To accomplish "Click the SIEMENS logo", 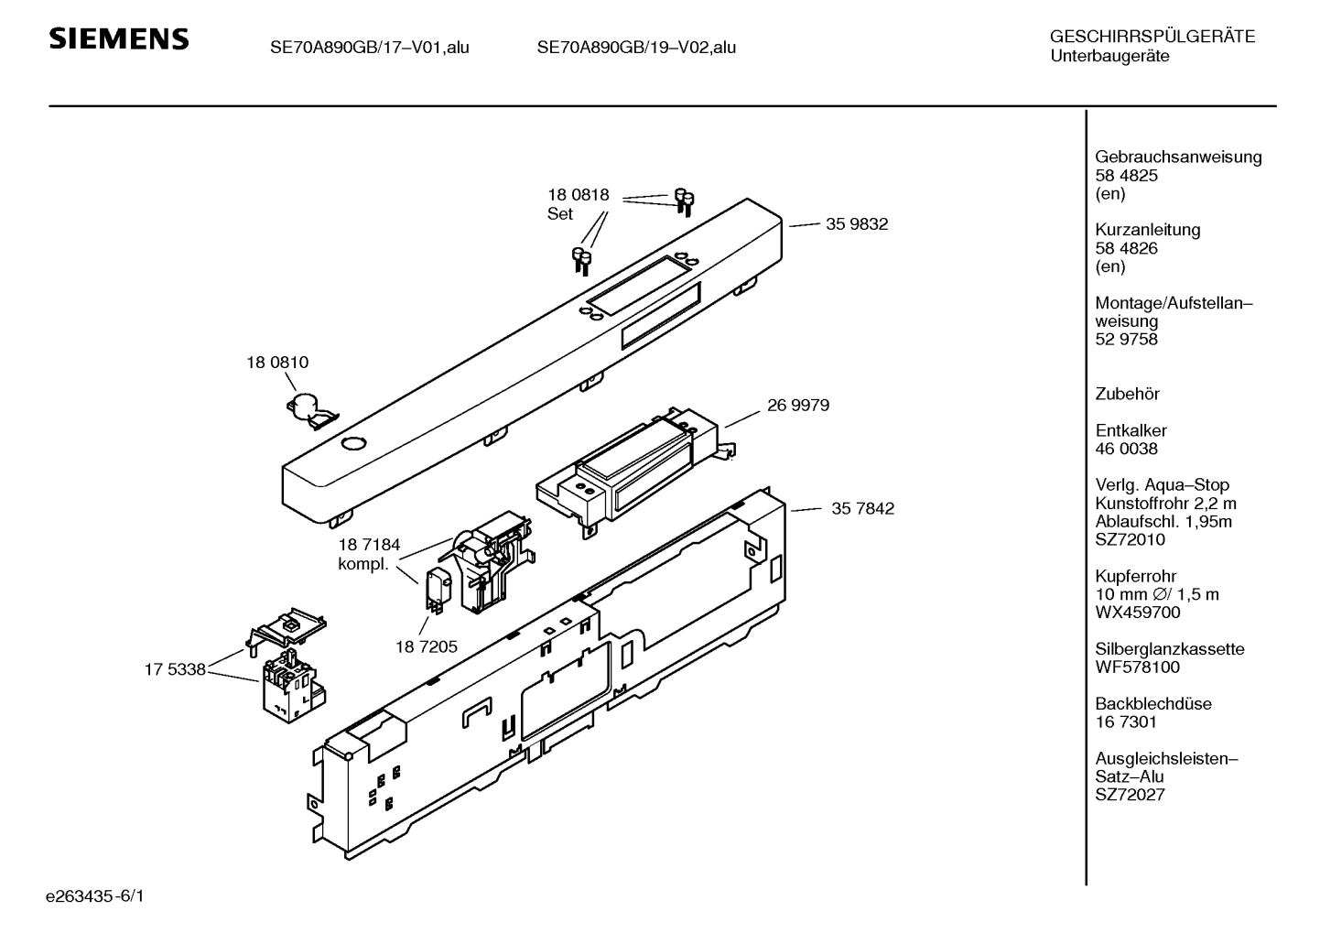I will click(x=118, y=38).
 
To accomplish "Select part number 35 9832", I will click(x=856, y=224).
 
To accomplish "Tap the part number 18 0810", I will click(x=277, y=363).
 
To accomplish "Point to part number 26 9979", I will click(x=798, y=405).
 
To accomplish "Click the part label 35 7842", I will click(x=862, y=509).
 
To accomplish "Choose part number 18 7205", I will click(x=426, y=646).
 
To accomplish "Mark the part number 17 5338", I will click(x=174, y=669).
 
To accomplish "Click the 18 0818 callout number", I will click(x=579, y=195).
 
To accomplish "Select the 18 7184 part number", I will click(x=369, y=546).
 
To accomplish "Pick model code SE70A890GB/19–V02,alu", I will click(x=636, y=48).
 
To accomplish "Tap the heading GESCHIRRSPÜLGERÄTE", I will click(x=1152, y=38).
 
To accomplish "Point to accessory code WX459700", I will click(x=1138, y=613).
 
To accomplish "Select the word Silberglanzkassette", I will click(x=1169, y=649).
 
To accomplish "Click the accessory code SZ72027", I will click(x=1130, y=795).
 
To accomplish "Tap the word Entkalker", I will click(x=1131, y=430).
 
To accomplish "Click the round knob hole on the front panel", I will click(x=352, y=444).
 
